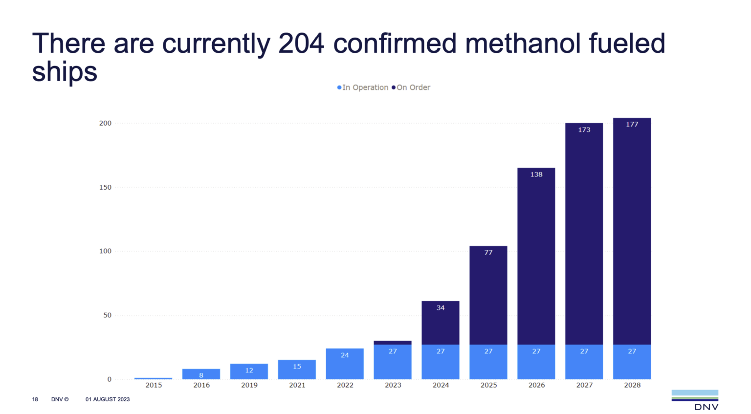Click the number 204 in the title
coord(301,44)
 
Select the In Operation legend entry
coord(363,87)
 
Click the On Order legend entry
coord(411,87)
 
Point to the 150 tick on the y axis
coord(105,187)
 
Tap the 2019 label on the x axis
coord(249,385)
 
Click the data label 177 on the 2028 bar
coord(632,125)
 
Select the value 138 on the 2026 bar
coord(536,174)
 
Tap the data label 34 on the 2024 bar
coord(440,308)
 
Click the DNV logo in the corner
coord(695,400)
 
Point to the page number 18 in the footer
coord(35,399)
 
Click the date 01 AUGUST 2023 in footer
coord(108,399)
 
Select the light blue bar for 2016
coord(201,374)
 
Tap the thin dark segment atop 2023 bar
coord(392,343)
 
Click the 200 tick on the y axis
coord(105,123)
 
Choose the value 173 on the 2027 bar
coord(584,130)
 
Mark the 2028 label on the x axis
coord(632,385)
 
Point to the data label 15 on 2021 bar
coord(297,367)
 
